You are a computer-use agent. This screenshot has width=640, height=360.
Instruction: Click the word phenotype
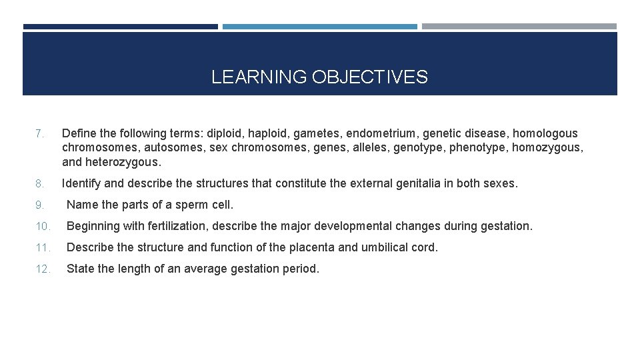[x=477, y=147]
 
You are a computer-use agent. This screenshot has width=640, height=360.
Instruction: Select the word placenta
[x=312, y=247]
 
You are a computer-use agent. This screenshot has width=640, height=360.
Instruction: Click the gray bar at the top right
[x=519, y=27]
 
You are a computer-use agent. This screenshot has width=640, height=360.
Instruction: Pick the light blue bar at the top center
[x=319, y=27]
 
